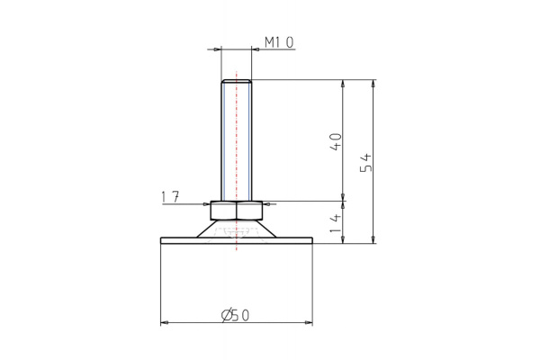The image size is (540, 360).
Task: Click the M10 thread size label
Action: [x=278, y=43]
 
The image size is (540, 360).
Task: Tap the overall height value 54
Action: [x=365, y=162]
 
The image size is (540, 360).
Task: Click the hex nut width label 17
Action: [x=168, y=196]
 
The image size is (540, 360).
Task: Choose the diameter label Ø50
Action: [x=235, y=314]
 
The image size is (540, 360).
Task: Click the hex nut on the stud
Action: [x=236, y=211]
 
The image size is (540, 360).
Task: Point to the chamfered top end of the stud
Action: [x=236, y=82]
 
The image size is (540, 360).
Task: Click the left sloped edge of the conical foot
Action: [x=204, y=229]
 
